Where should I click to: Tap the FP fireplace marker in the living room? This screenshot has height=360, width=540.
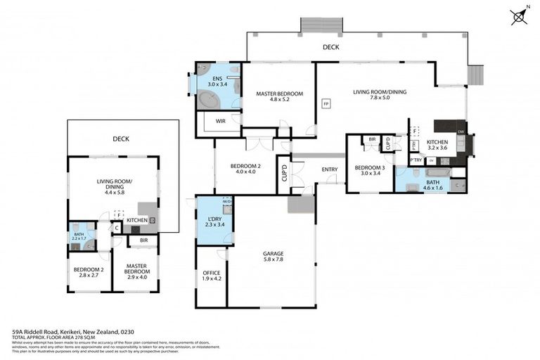pos(326,104)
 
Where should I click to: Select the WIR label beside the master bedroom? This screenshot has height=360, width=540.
pos(220,121)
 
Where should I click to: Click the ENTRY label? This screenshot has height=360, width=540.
pos(330,169)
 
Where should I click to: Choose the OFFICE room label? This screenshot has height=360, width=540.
pos(212,273)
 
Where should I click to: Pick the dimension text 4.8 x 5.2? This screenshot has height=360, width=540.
pos(279,100)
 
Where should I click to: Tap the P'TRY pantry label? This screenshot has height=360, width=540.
pos(416,160)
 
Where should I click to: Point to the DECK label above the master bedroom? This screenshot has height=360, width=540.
pos(330,47)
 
